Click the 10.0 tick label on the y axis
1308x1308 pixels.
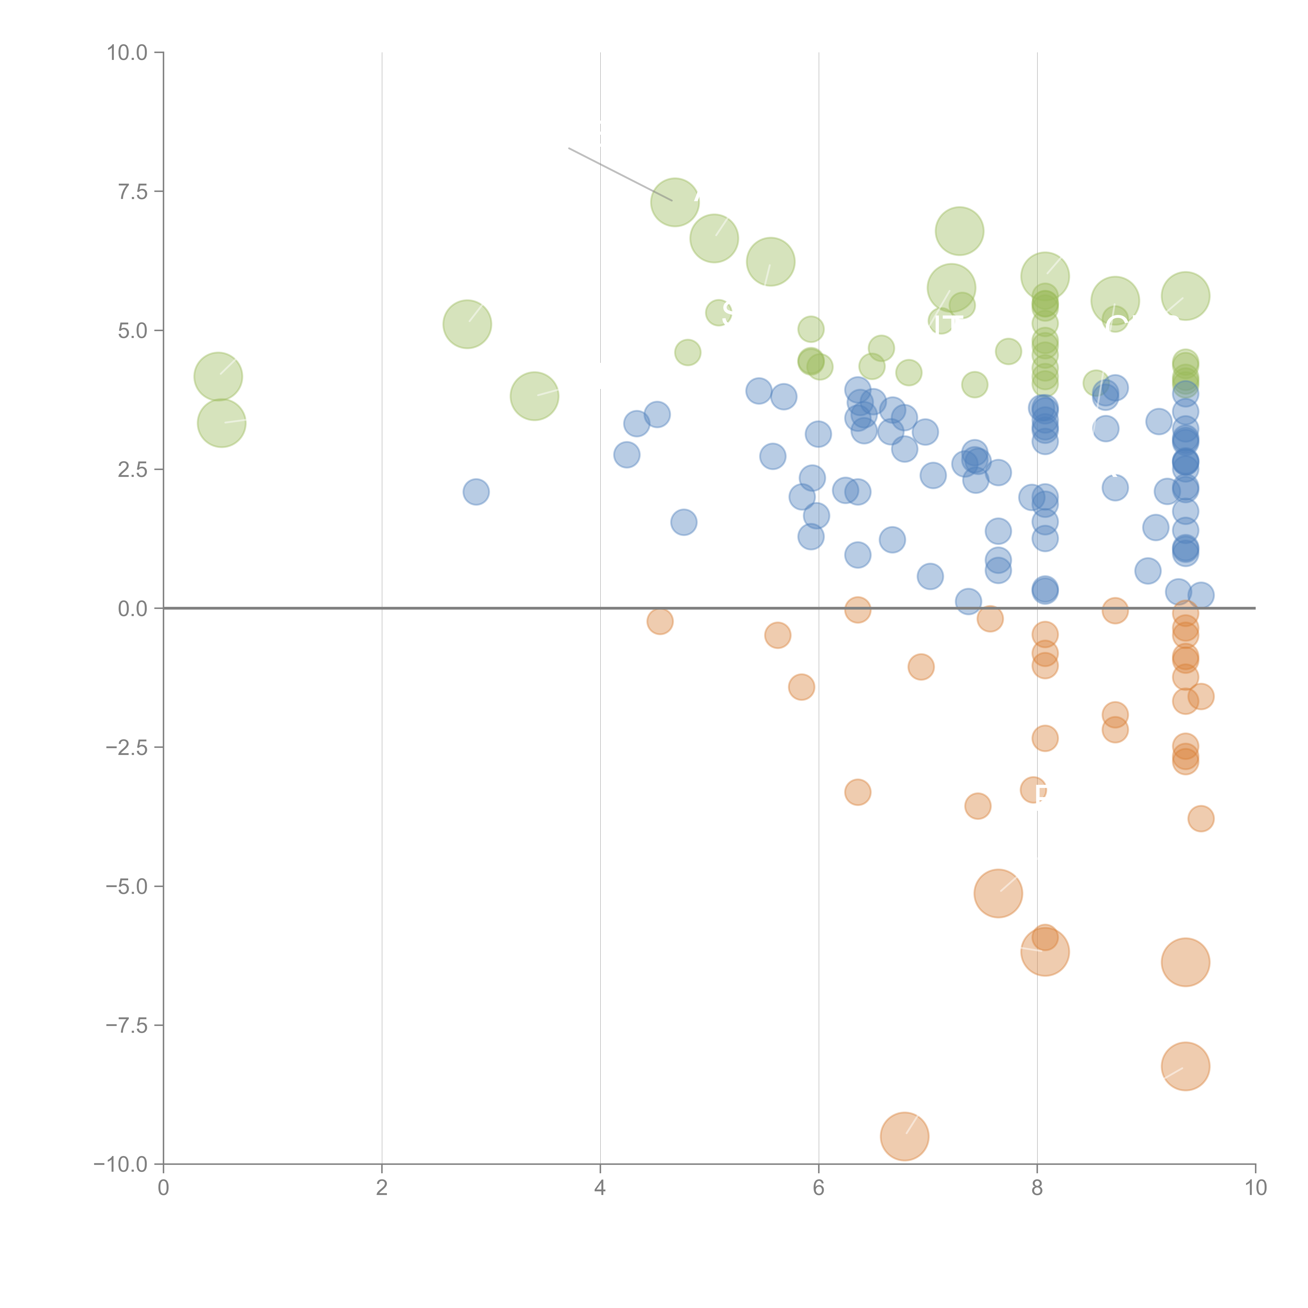click(127, 53)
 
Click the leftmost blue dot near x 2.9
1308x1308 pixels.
click(476, 492)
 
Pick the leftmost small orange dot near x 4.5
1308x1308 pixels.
click(659, 621)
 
